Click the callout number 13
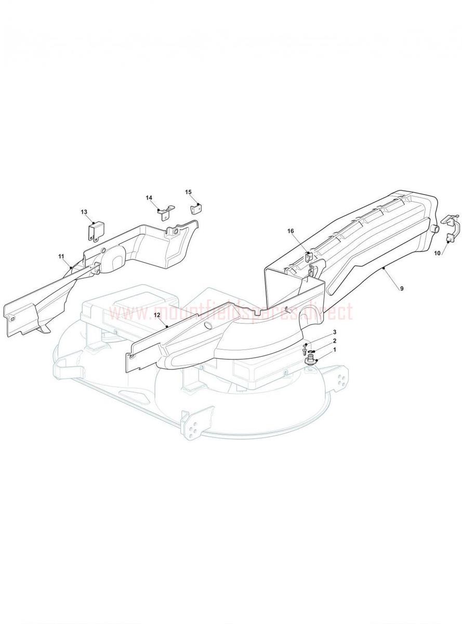pyautogui.click(x=84, y=212)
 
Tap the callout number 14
pyautogui.click(x=149, y=198)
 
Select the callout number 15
pyautogui.click(x=189, y=192)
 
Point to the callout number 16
pyautogui.click(x=291, y=231)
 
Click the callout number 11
pyautogui.click(x=61, y=256)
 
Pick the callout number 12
pyautogui.click(x=156, y=315)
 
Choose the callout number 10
pyautogui.click(x=437, y=253)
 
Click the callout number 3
pyautogui.click(x=335, y=332)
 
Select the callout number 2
pyautogui.click(x=335, y=341)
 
